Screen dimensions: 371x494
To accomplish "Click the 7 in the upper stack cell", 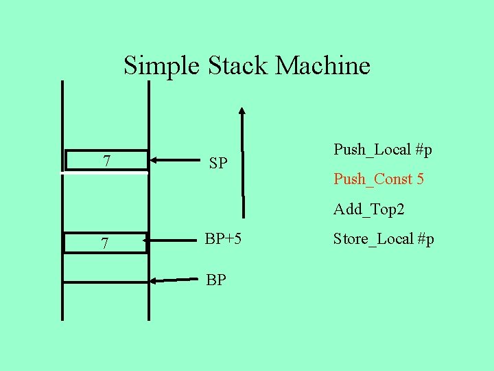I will [x=106, y=161].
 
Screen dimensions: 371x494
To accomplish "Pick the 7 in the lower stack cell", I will [x=104, y=244].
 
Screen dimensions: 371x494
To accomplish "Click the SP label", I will [x=218, y=164].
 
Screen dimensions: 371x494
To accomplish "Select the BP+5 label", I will [x=223, y=239].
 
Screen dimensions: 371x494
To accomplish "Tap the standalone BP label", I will [x=216, y=280].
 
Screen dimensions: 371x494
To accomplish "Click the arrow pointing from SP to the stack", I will [x=176, y=161].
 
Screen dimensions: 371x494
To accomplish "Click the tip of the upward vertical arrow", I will [x=242, y=110].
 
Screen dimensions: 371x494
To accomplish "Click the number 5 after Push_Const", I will [x=420, y=179].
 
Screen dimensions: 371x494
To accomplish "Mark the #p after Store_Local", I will [x=425, y=239].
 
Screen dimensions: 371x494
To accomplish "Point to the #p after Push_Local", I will [x=424, y=149].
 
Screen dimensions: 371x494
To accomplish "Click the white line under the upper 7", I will [x=104, y=174].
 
